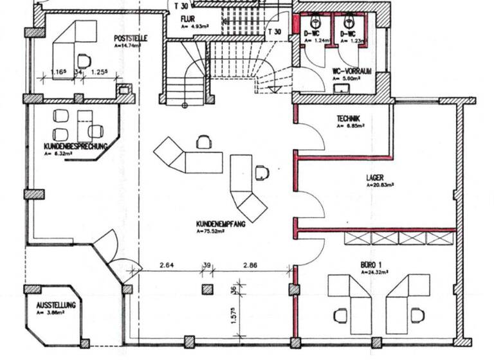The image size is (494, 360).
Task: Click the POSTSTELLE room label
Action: (x=131, y=38)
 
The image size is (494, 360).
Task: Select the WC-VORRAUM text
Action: (x=352, y=71)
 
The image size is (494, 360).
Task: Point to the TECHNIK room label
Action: (x=348, y=118)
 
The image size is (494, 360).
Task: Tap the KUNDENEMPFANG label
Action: (x=221, y=224)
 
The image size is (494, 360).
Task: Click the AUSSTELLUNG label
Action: (x=56, y=305)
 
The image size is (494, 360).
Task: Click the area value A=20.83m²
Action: (x=380, y=184)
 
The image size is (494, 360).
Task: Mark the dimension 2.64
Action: (x=167, y=265)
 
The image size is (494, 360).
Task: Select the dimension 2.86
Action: (x=251, y=265)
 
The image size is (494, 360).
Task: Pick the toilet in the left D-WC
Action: (x=315, y=24)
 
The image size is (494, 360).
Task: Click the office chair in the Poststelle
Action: (x=84, y=60)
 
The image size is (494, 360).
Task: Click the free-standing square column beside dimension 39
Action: (x=206, y=289)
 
